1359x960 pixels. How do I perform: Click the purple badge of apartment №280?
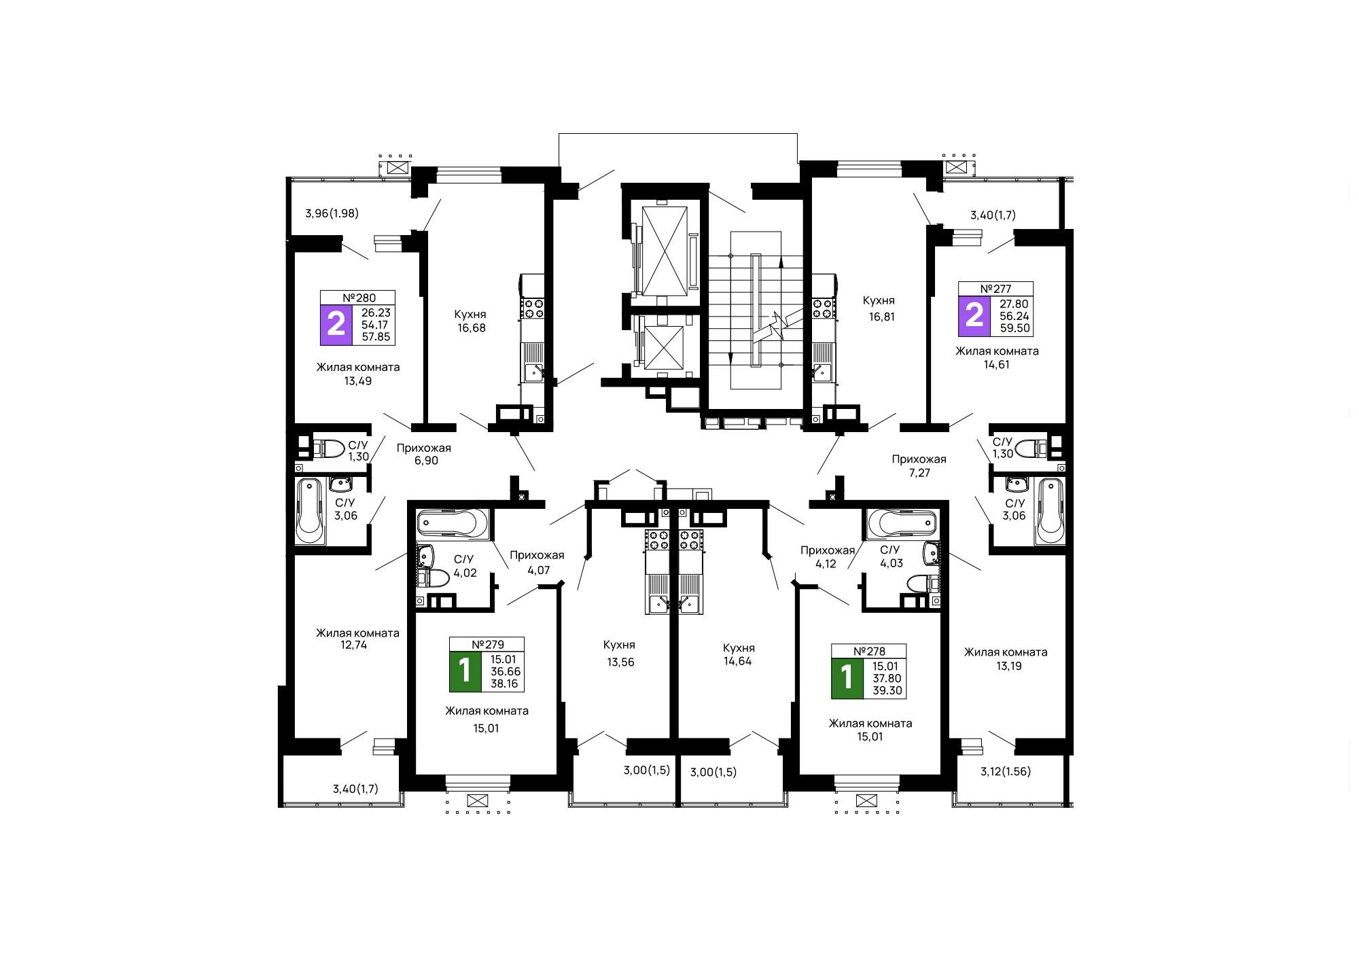(336, 325)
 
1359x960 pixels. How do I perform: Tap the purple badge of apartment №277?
(974, 316)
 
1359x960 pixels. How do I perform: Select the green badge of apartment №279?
(465, 671)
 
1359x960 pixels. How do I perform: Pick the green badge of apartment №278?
(847, 678)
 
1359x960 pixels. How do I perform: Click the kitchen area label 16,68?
(472, 328)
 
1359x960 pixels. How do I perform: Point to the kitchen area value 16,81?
(882, 317)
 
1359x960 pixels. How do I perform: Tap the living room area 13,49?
(358, 381)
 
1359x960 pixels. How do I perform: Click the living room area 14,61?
(997, 365)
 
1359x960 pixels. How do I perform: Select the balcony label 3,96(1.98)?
(332, 213)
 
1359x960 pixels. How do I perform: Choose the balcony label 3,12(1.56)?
(1006, 772)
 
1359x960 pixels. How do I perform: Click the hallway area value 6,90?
(426, 461)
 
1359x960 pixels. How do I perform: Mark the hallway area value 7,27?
(919, 473)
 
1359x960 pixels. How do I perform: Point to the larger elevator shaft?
(665, 251)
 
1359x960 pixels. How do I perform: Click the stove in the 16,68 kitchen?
(532, 308)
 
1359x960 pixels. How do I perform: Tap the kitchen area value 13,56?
(620, 662)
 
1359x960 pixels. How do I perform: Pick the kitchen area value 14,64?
(738, 662)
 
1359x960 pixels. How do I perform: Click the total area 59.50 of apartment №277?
(1015, 328)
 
